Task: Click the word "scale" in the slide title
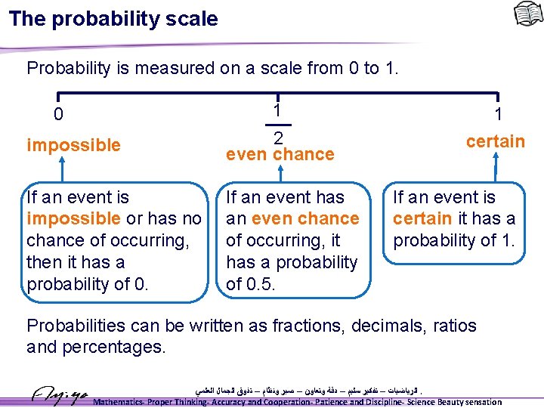192,19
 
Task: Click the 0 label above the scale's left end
58,116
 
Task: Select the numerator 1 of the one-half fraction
278,110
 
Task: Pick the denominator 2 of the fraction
278,138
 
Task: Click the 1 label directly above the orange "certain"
498,116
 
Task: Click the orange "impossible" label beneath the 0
73,145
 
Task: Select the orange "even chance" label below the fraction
280,154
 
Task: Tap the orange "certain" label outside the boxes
495,141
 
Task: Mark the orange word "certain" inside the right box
422,219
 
